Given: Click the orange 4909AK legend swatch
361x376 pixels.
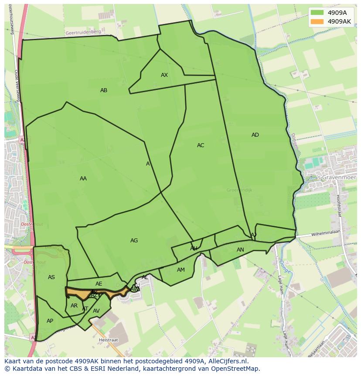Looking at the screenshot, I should pyautogui.click(x=317, y=21).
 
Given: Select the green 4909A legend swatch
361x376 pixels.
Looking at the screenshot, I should pyautogui.click(x=317, y=13).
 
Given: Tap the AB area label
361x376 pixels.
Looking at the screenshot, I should pyautogui.click(x=104, y=90).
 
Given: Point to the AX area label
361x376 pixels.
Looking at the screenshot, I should pyautogui.click(x=164, y=75).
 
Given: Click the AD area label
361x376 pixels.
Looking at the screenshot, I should pyautogui.click(x=255, y=135).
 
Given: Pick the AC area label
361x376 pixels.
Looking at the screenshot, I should pyautogui.click(x=201, y=145).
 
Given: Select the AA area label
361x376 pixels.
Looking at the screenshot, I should pyautogui.click(x=83, y=179).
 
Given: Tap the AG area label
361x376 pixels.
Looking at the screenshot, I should pyautogui.click(x=134, y=241).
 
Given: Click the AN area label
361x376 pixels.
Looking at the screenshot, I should pyautogui.click(x=240, y=250).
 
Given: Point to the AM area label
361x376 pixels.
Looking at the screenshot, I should pyautogui.click(x=181, y=270).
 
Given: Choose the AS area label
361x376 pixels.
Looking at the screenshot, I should pyautogui.click(x=51, y=277).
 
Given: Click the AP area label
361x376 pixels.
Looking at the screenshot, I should pyautogui.click(x=50, y=321).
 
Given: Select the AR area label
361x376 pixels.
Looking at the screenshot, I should pyautogui.click(x=74, y=306).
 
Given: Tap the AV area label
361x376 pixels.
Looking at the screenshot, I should pyautogui.click(x=96, y=311).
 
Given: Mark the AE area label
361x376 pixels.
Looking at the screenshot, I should pyautogui.click(x=99, y=284).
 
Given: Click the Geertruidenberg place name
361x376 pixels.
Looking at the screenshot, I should pyautogui.click(x=83, y=32).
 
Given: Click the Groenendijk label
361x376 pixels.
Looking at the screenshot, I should pyautogui.click(x=239, y=190).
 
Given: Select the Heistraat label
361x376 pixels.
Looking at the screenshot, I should pyautogui.click(x=109, y=339).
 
